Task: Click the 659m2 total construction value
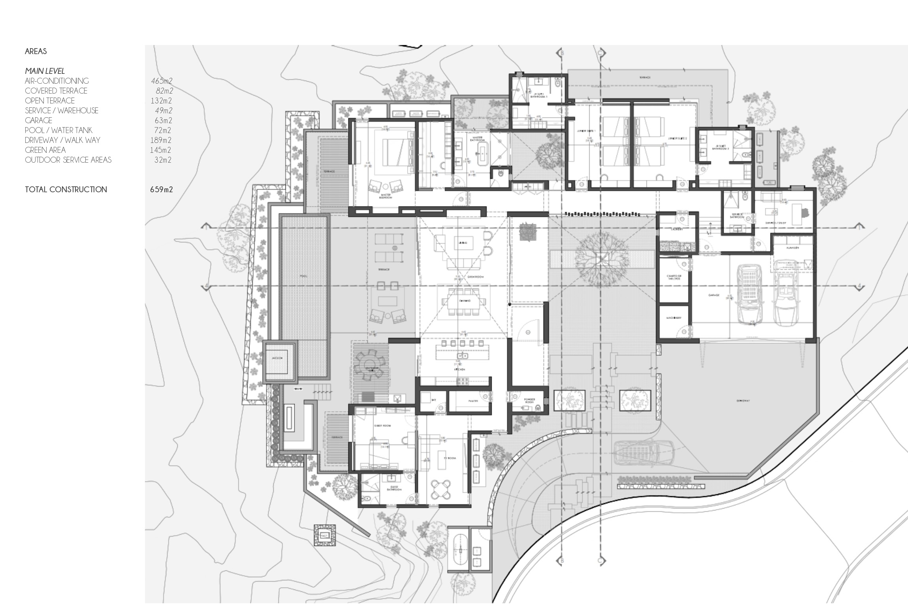click(161, 190)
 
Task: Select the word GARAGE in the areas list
click(38, 120)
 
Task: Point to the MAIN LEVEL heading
click(45, 71)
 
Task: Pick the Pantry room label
click(473, 401)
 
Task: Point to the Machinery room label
click(673, 318)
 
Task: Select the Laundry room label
click(677, 229)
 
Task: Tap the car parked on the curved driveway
click(643, 452)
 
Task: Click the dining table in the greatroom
click(464, 301)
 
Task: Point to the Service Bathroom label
click(737, 216)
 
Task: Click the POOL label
click(303, 276)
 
